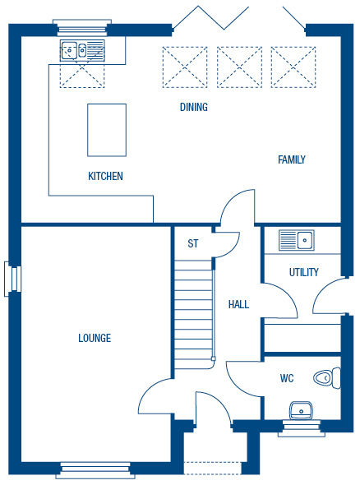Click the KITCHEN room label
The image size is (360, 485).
(x=105, y=176)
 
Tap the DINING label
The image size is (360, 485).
(x=194, y=107)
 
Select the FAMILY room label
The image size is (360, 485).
(x=292, y=159)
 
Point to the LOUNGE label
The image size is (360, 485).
(x=95, y=338)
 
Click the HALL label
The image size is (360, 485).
(x=238, y=304)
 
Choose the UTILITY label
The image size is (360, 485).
(x=304, y=272)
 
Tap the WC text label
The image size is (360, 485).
(x=287, y=378)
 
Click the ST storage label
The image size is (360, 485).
(x=192, y=243)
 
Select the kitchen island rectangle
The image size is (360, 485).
(x=107, y=130)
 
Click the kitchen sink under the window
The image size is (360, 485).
(x=82, y=50)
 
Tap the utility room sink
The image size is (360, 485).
(x=297, y=240)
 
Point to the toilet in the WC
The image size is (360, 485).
(x=327, y=378)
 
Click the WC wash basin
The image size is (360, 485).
(x=301, y=410)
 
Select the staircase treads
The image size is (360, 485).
(x=194, y=315)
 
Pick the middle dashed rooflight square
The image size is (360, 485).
(x=239, y=67)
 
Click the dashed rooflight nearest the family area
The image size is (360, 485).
(x=293, y=67)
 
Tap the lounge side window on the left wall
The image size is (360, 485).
(x=12, y=279)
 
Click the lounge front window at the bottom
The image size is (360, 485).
(x=95, y=470)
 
